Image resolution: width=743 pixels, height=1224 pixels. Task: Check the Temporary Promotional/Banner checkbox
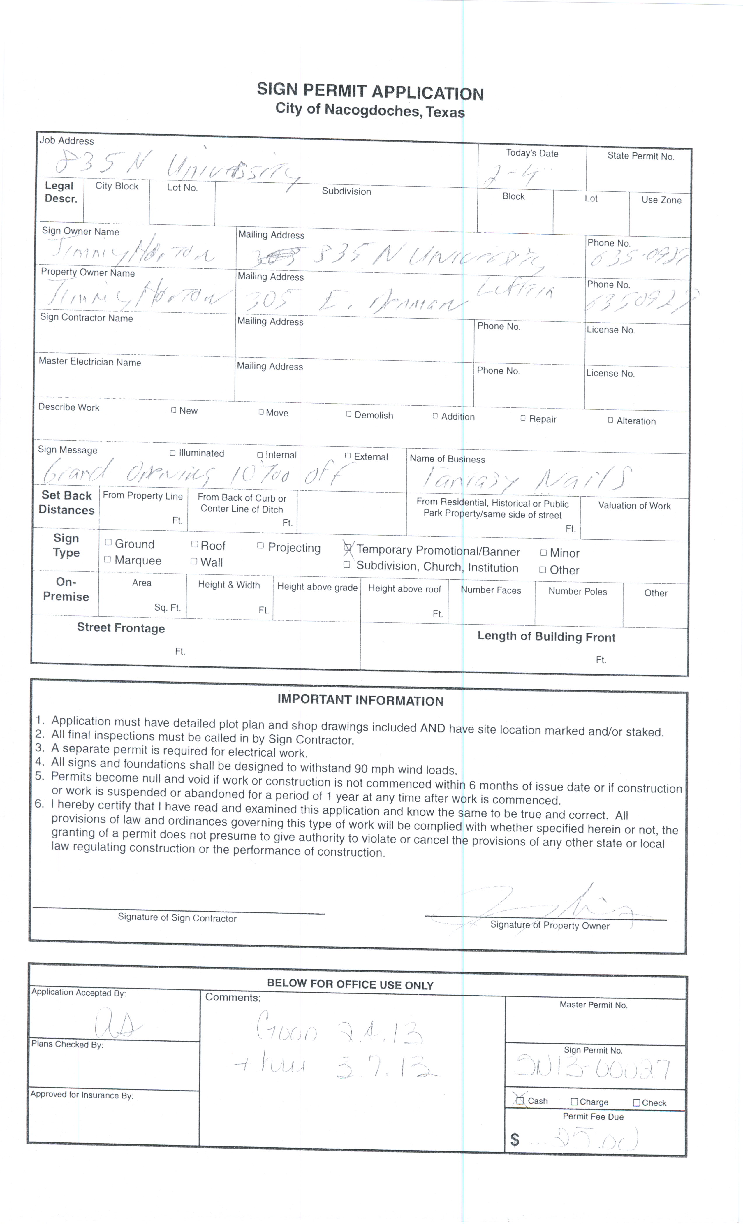(348, 548)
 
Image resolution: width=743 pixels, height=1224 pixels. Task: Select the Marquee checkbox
(107, 559)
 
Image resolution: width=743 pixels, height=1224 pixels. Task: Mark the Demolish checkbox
(349, 414)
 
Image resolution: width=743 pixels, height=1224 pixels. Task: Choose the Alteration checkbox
(610, 420)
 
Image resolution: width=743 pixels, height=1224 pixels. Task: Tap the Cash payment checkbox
(520, 1101)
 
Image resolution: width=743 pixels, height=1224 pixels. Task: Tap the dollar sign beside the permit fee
(515, 1139)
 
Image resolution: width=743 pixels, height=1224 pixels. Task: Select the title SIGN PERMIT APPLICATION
(370, 92)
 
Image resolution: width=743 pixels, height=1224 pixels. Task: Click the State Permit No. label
(640, 156)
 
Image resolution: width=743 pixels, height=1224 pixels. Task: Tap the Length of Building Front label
(546, 637)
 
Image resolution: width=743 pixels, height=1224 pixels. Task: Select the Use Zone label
(661, 200)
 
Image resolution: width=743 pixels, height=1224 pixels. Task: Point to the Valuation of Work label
(634, 506)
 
